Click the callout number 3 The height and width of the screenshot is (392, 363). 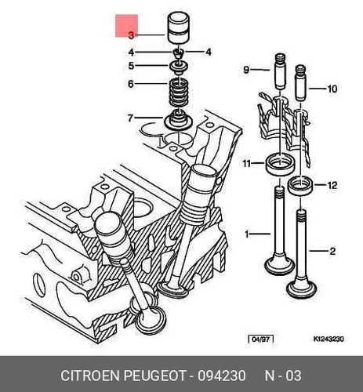coord(131,35)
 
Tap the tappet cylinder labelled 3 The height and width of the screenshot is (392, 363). coord(178,28)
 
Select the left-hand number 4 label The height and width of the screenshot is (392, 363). coord(131,53)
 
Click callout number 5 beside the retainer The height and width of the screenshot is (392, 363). coord(131,66)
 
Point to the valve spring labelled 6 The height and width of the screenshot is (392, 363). coord(179,94)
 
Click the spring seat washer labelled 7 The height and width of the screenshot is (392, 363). coord(178,120)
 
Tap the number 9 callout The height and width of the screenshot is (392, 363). coord(246,70)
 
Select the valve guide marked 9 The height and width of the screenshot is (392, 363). coord(280,71)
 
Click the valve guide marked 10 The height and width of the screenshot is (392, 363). coord(300,82)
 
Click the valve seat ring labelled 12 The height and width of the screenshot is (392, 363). coord(300,186)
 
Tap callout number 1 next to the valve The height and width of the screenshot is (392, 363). coord(247,234)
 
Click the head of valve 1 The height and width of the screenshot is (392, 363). coord(280,264)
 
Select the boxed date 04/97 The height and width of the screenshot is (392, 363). coord(261,339)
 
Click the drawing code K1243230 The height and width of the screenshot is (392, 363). coord(329,339)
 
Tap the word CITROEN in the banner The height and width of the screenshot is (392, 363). coord(90,376)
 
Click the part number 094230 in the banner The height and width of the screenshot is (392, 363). coord(222,376)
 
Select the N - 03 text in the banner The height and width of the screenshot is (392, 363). coord(283,376)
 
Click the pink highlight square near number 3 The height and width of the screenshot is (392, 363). coord(127,26)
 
